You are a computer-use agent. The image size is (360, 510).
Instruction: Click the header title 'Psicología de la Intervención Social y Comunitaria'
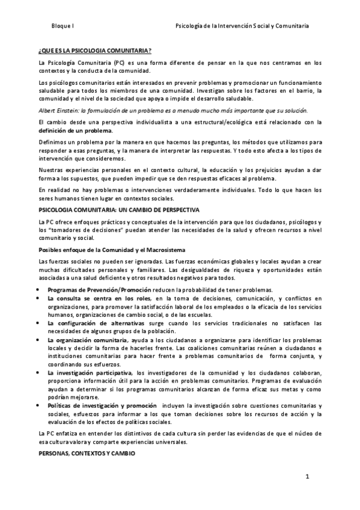tap(242, 26)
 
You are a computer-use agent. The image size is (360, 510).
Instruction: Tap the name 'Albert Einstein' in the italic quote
tap(58, 110)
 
